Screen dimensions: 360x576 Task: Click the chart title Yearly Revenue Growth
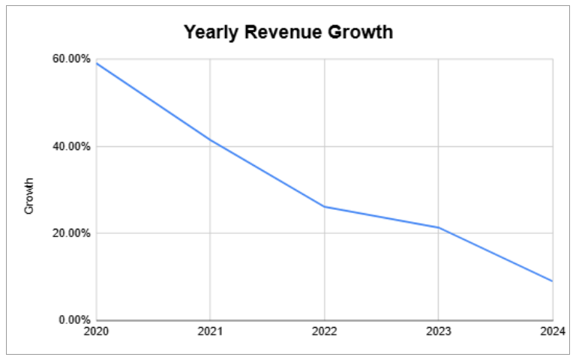pos(289,33)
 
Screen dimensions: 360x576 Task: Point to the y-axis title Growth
pos(29,196)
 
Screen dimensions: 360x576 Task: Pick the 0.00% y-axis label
pos(75,320)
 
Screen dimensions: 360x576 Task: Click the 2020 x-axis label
pos(97,331)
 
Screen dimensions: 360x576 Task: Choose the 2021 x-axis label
pos(210,331)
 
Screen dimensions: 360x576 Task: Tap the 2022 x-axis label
pos(324,331)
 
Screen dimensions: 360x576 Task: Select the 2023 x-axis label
pos(438,331)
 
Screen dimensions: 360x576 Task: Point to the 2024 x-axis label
pos(552,331)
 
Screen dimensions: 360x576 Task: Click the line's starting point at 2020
pos(97,63)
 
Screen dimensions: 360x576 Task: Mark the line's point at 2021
pos(210,139)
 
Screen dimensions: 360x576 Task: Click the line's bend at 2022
pos(324,206)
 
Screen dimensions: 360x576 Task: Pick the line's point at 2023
pos(438,227)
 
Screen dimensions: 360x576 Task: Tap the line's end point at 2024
pos(552,281)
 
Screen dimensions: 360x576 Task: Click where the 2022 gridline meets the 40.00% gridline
pos(324,146)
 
